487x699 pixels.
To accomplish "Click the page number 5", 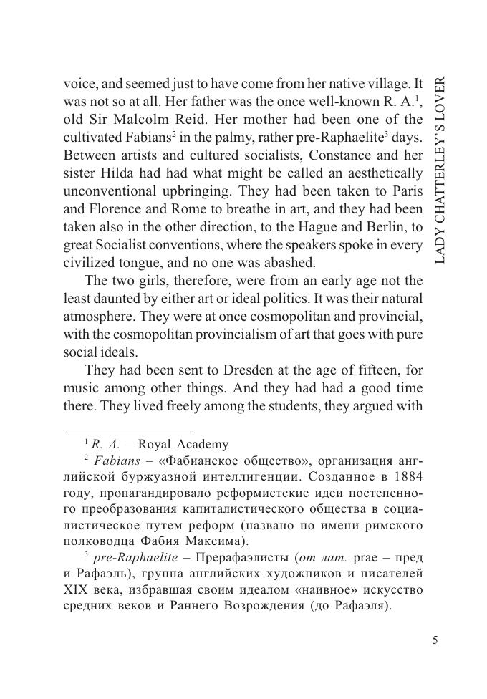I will coord(435,640).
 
